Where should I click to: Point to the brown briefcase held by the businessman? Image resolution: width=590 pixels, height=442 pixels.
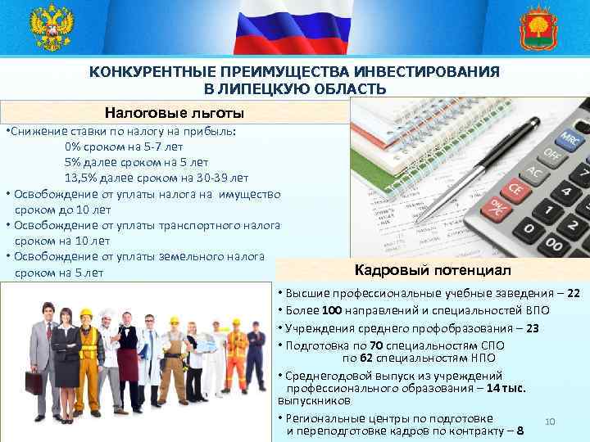pyautogui.click(x=35, y=381)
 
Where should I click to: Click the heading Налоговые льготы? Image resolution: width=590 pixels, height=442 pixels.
pyautogui.click(x=175, y=112)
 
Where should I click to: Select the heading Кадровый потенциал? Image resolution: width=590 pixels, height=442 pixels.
pyautogui.click(x=432, y=269)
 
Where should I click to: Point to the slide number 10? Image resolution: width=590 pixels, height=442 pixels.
pyautogui.click(x=550, y=422)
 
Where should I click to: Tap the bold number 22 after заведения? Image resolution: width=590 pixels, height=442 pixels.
pyautogui.click(x=574, y=293)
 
